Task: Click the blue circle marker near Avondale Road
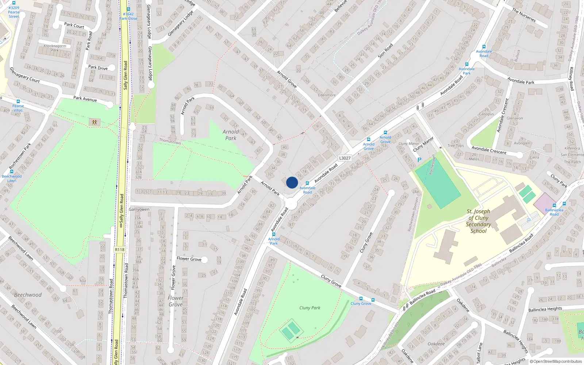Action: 292,182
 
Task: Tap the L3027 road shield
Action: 345,158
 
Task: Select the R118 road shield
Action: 119,250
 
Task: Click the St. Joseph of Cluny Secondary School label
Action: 478,221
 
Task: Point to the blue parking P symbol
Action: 419,160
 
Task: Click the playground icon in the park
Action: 95,122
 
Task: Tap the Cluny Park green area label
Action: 310,308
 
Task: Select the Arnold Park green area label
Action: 231,135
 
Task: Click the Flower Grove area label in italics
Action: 176,301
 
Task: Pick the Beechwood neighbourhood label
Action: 28,295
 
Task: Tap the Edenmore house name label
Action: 327,95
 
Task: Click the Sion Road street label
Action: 385,51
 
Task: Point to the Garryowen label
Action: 139,210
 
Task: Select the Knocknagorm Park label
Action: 55,48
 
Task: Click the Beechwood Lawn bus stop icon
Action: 12,172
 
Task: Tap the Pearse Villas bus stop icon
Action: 18,101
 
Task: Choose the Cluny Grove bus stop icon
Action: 361,299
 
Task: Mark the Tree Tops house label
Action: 456,143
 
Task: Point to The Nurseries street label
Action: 523,15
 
